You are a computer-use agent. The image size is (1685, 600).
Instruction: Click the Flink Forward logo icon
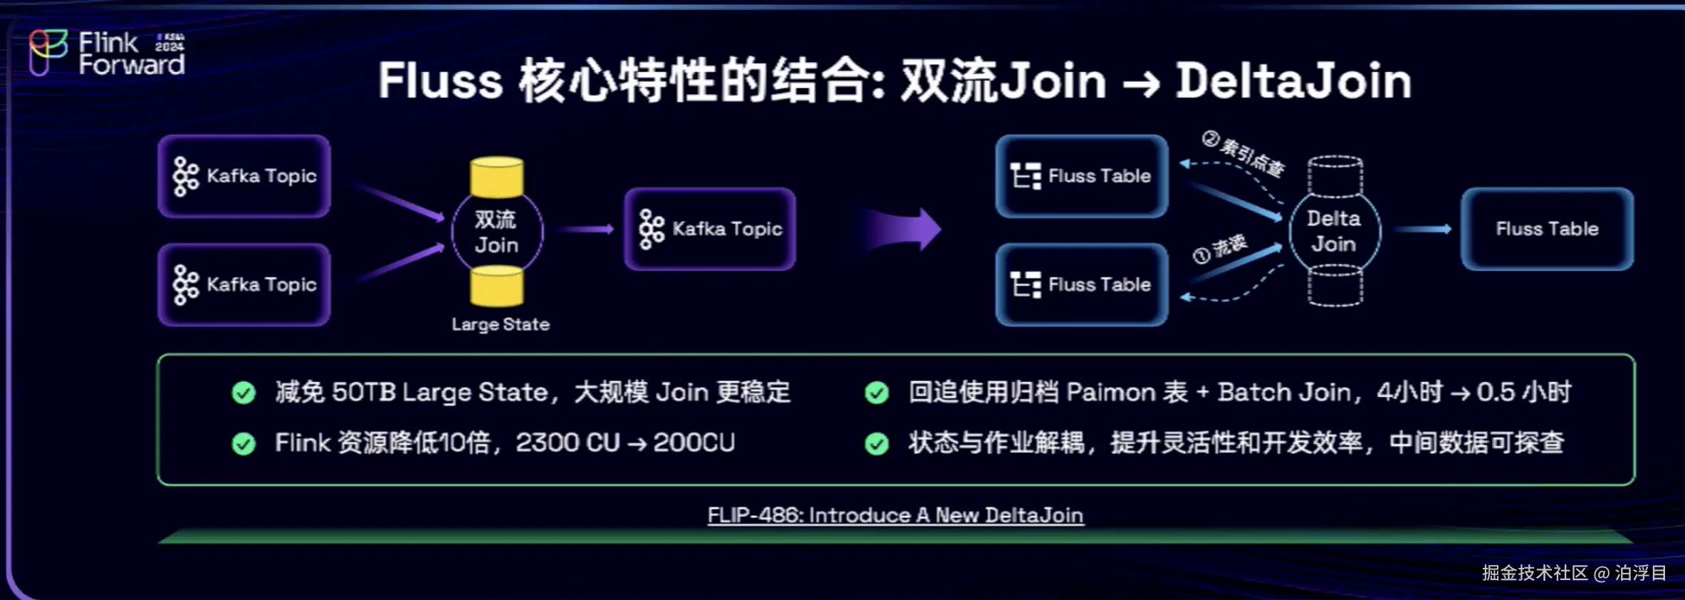48,51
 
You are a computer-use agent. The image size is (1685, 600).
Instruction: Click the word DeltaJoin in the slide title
1293,81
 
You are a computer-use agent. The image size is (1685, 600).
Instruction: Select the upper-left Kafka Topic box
244,176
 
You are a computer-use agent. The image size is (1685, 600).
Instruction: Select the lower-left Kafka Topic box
244,284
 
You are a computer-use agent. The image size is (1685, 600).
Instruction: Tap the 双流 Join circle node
497,232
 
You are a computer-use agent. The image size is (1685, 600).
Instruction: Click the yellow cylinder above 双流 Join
497,177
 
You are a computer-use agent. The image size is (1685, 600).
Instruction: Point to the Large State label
501,324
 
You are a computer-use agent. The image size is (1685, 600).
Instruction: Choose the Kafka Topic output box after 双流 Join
710,229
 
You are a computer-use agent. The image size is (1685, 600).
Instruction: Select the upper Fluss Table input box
1082,176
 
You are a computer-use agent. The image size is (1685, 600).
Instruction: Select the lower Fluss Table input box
1082,284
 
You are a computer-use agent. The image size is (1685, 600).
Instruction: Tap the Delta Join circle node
1335,231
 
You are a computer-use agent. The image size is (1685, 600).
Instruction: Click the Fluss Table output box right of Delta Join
1547,229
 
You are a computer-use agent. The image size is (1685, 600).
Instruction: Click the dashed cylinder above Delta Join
1335,176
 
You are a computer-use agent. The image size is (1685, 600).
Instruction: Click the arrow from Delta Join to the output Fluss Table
1422,229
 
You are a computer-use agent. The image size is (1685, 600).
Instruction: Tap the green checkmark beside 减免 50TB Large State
244,393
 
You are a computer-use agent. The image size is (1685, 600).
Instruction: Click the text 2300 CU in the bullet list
568,443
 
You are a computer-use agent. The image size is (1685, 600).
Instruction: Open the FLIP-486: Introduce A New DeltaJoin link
895,515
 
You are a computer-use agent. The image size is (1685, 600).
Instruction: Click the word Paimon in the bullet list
1111,392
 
